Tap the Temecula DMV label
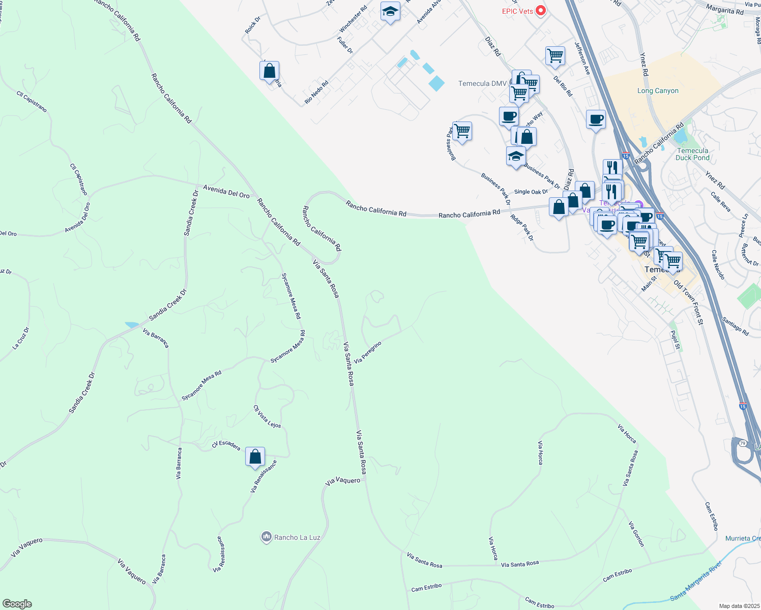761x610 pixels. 482,83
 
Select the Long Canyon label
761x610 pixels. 658,91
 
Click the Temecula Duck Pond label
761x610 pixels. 692,154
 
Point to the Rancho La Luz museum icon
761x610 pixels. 266,537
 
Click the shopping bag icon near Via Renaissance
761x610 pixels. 255,456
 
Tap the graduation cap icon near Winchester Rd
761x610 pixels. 390,12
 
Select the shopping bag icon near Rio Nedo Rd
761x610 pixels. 269,71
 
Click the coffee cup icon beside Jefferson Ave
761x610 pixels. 596,120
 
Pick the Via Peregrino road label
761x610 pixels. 368,352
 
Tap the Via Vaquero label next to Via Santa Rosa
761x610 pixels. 343,480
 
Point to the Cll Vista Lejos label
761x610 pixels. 267,416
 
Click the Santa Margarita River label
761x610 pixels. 695,581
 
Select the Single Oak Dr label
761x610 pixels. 531,192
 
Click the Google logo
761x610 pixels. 17,603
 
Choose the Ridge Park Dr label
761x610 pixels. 522,228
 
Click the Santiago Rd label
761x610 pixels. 736,326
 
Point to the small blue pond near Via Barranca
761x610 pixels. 132,324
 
